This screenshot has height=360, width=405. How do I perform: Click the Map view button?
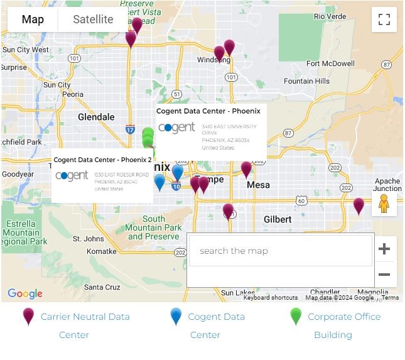[33, 19]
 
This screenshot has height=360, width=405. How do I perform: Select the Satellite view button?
[93, 19]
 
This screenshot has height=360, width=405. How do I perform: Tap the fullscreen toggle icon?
[384, 19]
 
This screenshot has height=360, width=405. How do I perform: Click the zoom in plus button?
[384, 249]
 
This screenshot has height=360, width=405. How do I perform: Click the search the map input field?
[280, 251]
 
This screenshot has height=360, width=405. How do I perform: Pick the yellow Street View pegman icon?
[384, 204]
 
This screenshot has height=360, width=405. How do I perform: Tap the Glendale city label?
[96, 117]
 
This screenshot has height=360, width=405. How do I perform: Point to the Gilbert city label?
[278, 219]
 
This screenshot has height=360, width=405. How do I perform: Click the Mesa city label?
[258, 185]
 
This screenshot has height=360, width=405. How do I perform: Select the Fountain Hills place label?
[306, 81]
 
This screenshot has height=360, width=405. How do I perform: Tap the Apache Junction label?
[387, 185]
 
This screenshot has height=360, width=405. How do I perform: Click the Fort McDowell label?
[330, 63]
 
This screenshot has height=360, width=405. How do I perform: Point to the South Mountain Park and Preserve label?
[153, 227]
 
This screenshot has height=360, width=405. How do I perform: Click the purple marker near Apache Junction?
[359, 205]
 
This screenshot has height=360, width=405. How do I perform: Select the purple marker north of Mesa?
[246, 168]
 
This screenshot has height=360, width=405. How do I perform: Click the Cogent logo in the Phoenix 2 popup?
[72, 176]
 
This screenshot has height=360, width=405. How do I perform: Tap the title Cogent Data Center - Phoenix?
[208, 111]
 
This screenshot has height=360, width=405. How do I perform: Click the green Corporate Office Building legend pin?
[296, 317]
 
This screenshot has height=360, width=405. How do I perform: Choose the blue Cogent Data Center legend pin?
[176, 317]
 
